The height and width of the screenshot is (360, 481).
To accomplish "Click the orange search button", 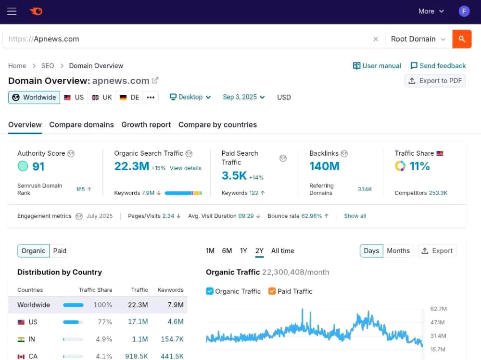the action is tap(462, 39).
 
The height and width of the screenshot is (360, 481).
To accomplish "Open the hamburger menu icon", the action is tap(12, 12).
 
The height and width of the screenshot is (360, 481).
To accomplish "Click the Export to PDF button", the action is tap(435, 81).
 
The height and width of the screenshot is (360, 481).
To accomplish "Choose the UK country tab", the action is tap(102, 98).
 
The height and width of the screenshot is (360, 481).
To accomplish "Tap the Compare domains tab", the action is tap(82, 125).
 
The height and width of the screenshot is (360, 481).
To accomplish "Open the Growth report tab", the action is tap(146, 125).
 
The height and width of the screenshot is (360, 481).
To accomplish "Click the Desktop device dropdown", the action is tap(190, 97).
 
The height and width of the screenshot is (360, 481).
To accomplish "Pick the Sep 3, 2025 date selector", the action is tap(243, 97).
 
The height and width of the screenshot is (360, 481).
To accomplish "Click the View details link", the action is tap(186, 168).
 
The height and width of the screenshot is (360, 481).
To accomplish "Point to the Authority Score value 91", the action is tap(38, 166).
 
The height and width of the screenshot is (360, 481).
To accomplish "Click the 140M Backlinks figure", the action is tap(324, 166).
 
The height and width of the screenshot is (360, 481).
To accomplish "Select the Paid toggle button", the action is tap(60, 251).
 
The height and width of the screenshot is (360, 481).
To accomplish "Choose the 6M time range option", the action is tap(227, 251).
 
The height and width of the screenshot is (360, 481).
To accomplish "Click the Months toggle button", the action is tap(398, 251).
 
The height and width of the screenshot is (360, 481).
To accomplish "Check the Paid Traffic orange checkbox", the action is tap(272, 291).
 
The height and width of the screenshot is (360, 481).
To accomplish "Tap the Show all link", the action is tap(355, 216).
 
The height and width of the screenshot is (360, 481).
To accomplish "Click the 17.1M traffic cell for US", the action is tap(138, 322).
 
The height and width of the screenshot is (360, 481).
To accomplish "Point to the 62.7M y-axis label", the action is tap(438, 309).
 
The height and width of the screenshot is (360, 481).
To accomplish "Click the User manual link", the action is tap(377, 66).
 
